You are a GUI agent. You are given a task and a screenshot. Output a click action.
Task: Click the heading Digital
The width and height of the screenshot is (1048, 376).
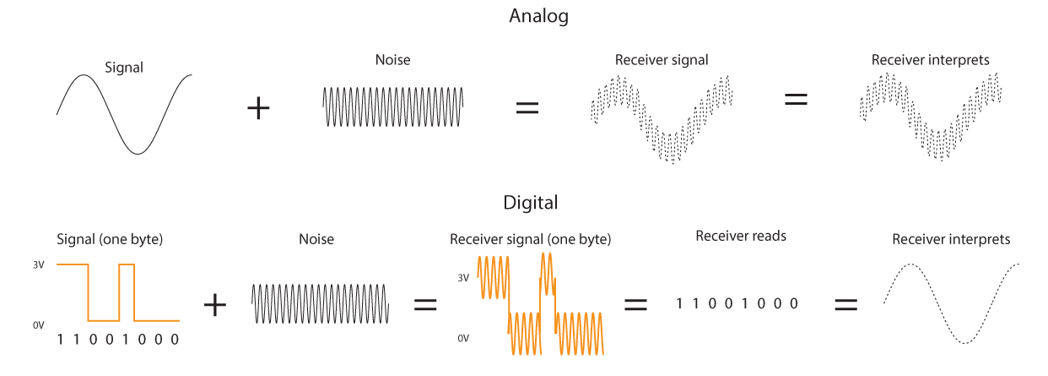[x=530, y=203]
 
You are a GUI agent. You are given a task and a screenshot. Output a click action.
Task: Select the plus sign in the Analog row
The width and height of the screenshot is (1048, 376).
[x=258, y=109]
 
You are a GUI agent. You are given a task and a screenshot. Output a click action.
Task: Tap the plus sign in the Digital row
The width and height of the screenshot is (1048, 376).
[x=215, y=305]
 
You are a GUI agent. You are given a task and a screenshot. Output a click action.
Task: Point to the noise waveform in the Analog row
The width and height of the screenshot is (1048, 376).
[x=392, y=107]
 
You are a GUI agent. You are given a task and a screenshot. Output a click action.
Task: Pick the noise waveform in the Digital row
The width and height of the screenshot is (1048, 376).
[x=320, y=304]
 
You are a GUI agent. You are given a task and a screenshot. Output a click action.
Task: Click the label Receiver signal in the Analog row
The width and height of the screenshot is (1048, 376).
[x=662, y=60]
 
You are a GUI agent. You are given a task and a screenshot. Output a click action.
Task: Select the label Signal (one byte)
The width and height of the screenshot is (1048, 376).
[x=110, y=239]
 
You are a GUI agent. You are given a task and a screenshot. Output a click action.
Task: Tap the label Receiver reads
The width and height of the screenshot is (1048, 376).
[x=741, y=236]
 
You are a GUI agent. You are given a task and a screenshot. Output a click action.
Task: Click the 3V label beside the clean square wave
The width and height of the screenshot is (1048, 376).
[x=38, y=265]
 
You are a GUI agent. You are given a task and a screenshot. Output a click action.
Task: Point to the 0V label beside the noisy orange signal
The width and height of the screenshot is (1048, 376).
[x=462, y=338]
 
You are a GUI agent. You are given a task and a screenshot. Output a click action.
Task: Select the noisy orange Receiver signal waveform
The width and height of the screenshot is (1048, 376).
[x=540, y=307]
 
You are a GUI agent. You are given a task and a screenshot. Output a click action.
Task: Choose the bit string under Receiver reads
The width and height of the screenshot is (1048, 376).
[x=737, y=303]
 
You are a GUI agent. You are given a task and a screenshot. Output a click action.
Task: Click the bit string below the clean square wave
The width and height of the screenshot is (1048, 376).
[x=117, y=340]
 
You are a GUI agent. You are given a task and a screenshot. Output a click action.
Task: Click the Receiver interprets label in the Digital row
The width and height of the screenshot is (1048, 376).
[x=951, y=240]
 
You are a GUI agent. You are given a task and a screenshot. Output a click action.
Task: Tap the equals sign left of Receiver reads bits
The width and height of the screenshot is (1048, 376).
[x=635, y=304]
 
